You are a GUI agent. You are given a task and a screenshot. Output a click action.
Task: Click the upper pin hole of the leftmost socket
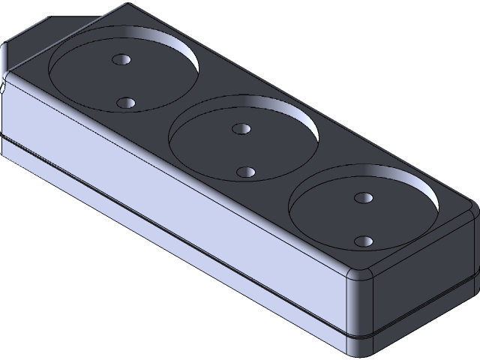point(120,59)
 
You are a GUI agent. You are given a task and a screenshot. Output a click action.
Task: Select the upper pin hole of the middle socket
point(241,128)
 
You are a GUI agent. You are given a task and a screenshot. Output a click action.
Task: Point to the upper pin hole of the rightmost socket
point(363,197)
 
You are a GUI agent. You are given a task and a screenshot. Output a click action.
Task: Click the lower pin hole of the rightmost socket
point(364,241)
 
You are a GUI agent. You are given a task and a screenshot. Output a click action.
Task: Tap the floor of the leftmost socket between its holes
point(124,81)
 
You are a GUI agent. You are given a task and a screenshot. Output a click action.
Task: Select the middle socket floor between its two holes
point(242,150)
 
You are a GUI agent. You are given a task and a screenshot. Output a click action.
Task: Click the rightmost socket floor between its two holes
point(364,219)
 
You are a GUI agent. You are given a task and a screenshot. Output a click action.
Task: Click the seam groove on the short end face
point(420,311)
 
